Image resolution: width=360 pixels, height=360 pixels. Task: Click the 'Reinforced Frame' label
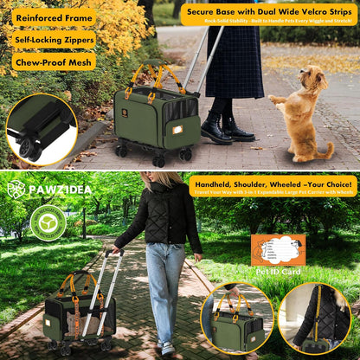pos(54,16)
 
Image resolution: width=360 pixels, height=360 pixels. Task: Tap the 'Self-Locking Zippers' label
pos(54,39)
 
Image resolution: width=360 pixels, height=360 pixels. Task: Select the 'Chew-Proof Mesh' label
pos(54,61)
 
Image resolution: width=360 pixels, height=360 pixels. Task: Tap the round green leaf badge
pos(48,222)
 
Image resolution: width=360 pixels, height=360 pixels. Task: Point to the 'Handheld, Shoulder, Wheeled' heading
pos(273,186)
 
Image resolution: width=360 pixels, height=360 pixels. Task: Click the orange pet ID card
pos(277,250)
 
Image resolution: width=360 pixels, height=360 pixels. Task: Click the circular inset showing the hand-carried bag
pos(237,317)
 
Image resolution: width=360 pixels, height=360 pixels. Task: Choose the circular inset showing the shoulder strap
pos(315,317)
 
